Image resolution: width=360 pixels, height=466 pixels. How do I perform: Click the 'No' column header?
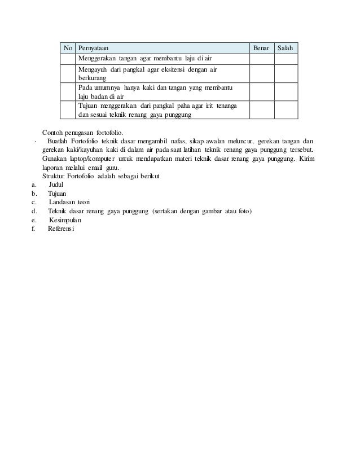[68, 49]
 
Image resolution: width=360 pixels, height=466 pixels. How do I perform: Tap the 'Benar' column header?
[261, 49]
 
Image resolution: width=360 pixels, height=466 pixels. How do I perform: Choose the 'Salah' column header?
[286, 49]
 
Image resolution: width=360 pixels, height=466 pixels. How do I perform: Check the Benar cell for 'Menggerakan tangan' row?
[261, 59]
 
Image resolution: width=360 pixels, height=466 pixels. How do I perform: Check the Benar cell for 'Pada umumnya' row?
[261, 92]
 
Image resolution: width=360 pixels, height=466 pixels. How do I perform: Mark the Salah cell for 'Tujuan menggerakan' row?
[286, 111]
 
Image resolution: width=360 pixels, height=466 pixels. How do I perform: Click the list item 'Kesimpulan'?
[65, 220]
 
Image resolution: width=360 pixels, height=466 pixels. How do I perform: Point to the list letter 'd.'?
[35, 211]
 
